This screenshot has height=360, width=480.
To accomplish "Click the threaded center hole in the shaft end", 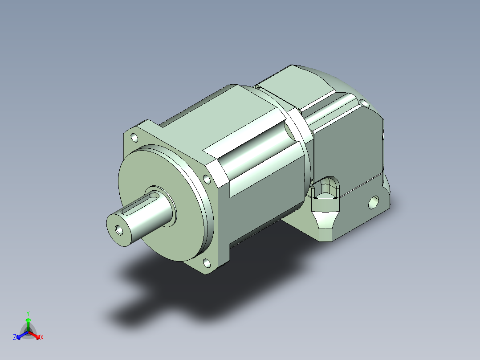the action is pos(119,230).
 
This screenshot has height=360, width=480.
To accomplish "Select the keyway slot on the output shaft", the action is pos(140,204).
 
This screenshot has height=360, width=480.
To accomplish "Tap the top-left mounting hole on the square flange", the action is pos(134,138).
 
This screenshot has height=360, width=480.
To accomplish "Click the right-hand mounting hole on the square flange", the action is pos(207,179).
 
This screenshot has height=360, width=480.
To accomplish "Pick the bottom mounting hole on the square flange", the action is pos(207,263).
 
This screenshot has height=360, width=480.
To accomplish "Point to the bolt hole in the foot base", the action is pos(374,203).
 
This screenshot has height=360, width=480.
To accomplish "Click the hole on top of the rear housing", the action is pos(363,103).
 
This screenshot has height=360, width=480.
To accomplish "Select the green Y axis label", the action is pos(28,313).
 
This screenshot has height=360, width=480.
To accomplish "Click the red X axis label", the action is pos(42,337).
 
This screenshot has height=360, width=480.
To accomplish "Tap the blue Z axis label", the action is pos(14,337).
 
